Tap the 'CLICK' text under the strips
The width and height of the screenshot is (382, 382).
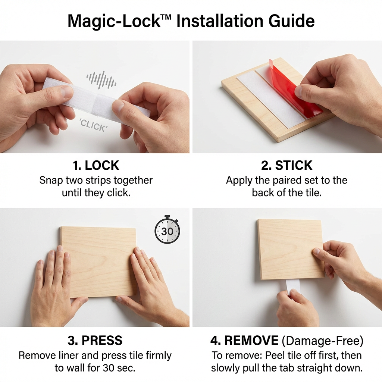[93, 126]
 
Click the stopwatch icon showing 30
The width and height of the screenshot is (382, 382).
[167, 230]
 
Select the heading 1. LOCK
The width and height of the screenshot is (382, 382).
[96, 165]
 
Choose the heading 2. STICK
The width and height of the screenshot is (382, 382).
[286, 165]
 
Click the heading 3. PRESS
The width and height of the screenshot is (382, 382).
[95, 340]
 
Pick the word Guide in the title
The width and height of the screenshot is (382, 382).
[293, 21]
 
